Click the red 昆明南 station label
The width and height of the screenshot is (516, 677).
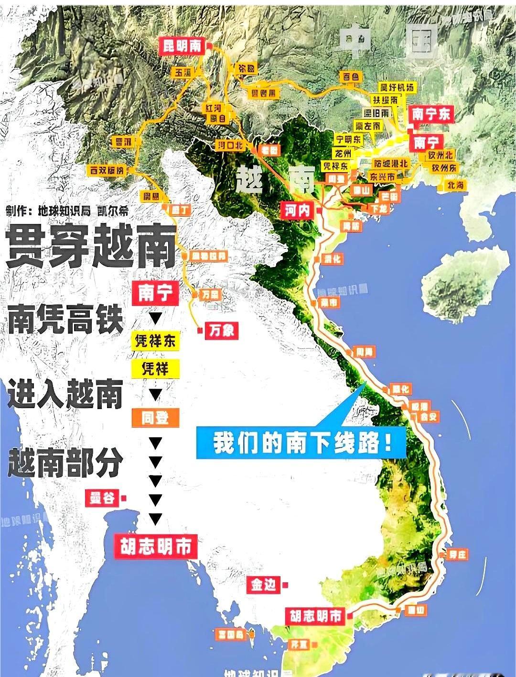[182, 46]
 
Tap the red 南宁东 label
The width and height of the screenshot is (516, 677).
[431, 114]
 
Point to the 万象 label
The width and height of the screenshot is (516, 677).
[221, 330]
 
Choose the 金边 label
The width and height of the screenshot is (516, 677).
[263, 584]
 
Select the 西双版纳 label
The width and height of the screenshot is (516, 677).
[107, 170]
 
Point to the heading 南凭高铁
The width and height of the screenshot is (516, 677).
[65, 320]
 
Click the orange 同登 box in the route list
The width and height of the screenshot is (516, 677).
[155, 418]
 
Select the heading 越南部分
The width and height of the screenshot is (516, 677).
[65, 463]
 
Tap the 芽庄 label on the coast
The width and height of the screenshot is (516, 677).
[457, 555]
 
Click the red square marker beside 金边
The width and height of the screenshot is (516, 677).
[285, 585]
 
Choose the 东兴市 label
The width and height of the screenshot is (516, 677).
[382, 176]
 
